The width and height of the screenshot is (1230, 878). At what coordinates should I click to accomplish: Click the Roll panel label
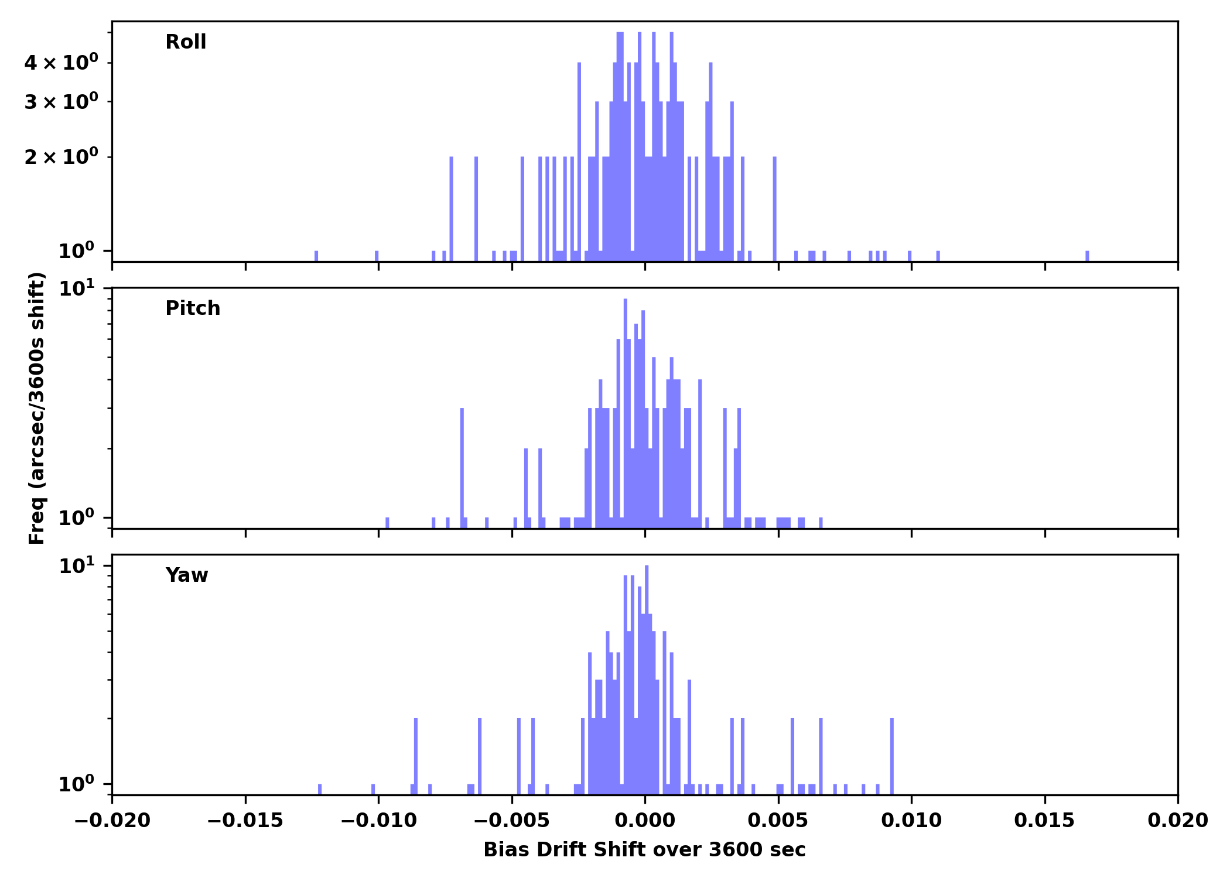[186, 42]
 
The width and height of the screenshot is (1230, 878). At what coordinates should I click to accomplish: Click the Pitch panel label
[193, 308]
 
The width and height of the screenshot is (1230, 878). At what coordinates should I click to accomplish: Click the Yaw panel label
[187, 575]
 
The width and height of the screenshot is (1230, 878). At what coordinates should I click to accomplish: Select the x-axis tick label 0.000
[645, 821]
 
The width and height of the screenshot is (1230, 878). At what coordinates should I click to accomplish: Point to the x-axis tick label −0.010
[378, 821]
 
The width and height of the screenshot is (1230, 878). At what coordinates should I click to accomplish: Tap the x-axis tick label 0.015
[1044, 821]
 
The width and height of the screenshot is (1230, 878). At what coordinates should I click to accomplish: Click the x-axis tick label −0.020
[112, 821]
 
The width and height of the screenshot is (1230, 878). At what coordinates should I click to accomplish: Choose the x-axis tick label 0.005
[778, 821]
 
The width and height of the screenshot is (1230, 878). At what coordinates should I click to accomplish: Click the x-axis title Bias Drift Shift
[644, 850]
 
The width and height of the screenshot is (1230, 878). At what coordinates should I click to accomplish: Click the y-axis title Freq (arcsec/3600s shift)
[37, 408]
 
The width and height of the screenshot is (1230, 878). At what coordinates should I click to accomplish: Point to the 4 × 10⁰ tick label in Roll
[61, 63]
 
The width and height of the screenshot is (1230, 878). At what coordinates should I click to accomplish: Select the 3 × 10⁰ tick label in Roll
[61, 102]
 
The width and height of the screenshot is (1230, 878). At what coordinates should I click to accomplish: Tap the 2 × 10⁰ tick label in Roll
[61, 157]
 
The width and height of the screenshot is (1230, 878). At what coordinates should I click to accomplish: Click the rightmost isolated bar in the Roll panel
[1087, 256]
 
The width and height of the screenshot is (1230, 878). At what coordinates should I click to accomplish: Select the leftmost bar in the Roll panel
[316, 256]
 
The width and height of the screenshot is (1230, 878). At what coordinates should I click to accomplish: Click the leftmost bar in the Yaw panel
[320, 789]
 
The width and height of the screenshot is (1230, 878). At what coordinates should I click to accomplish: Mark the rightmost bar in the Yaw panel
[892, 756]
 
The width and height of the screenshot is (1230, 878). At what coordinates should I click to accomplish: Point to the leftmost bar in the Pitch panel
[387, 522]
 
